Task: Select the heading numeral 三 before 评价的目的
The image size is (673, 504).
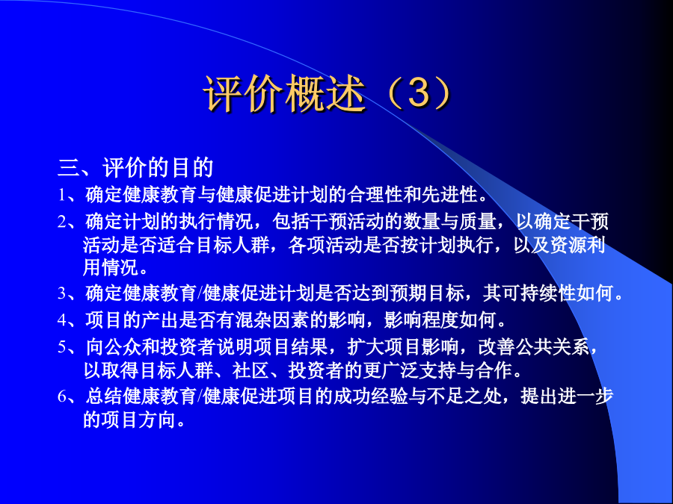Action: pos(69,167)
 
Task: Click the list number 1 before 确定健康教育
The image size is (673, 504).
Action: pos(63,196)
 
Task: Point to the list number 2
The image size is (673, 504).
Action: pos(63,222)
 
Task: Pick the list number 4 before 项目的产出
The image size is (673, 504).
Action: pos(63,320)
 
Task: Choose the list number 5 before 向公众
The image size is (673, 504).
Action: pos(63,347)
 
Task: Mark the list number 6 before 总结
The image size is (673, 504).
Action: pos(63,397)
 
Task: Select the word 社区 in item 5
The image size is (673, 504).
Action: pos(251,370)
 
